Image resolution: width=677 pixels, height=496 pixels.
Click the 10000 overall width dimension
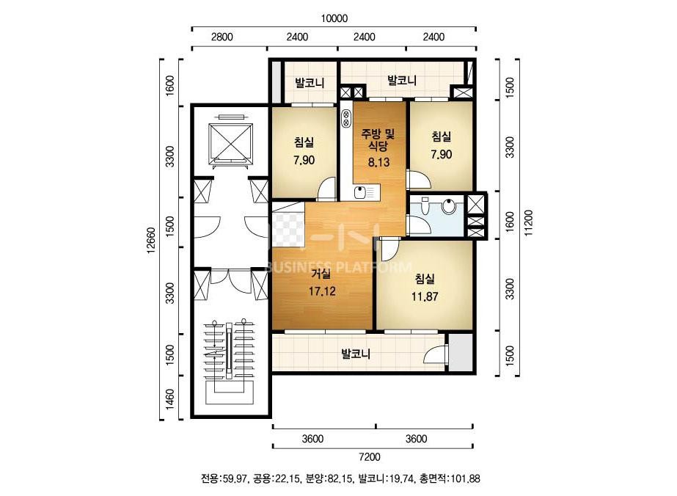point(334,18)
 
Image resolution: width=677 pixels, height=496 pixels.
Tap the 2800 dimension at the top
point(222,37)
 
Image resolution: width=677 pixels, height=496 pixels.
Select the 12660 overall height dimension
point(150,240)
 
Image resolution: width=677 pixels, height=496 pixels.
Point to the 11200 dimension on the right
point(529,223)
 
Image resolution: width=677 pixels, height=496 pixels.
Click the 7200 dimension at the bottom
point(370,456)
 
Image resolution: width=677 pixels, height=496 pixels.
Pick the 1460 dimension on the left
point(170,400)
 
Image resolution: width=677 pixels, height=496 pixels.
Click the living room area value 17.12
point(322,291)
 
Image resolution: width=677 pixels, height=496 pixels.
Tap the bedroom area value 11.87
point(425,297)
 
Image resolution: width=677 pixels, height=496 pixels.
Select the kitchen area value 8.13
point(378,162)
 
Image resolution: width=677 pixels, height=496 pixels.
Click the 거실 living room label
point(321,273)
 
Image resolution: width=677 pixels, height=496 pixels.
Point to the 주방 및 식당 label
point(378,139)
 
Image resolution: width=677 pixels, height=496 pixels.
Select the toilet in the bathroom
point(425,208)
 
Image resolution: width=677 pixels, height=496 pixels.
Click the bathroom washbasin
point(449,206)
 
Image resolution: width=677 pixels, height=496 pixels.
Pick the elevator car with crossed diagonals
point(230,143)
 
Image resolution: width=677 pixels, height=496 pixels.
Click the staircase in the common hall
point(229,363)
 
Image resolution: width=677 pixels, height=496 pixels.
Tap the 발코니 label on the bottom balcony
point(356,354)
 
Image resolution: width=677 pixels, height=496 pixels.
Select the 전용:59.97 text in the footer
point(224,478)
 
